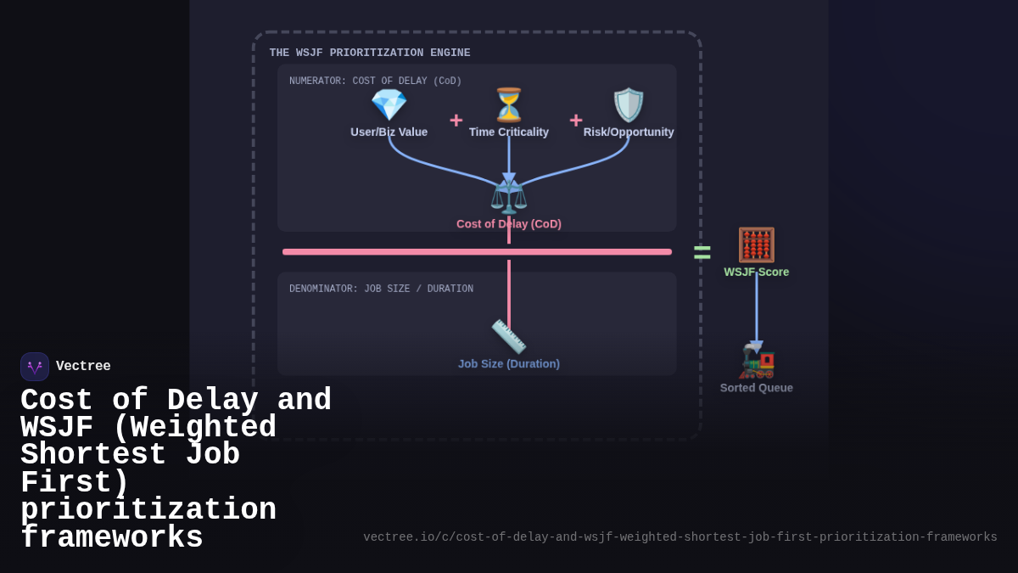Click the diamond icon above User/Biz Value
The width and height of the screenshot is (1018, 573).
[x=389, y=105]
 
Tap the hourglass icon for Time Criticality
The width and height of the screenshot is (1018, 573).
[x=509, y=105]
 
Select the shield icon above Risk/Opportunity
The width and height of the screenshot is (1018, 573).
[x=629, y=105]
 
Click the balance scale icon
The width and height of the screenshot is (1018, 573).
[x=509, y=197]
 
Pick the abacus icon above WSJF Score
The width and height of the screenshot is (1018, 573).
[x=756, y=245]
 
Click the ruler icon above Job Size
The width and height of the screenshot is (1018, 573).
[x=509, y=337]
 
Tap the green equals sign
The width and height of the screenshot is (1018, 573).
[x=702, y=252]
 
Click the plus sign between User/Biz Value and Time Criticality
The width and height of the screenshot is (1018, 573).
[x=456, y=121]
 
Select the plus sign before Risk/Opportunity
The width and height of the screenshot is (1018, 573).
[x=576, y=121]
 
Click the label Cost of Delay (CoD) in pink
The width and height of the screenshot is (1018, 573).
[x=509, y=224]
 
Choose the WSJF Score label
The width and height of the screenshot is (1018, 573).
[x=756, y=272]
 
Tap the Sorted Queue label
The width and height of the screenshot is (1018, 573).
[x=756, y=388]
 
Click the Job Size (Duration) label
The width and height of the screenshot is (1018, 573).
[x=509, y=364]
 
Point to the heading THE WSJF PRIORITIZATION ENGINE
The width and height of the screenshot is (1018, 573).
[x=370, y=53]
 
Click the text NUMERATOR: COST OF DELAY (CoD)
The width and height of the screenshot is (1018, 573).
[x=375, y=81]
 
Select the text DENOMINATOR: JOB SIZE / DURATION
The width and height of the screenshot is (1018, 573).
[x=381, y=289]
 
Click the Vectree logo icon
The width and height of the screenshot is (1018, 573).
[x=35, y=367]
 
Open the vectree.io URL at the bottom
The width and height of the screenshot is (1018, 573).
[x=680, y=537]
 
